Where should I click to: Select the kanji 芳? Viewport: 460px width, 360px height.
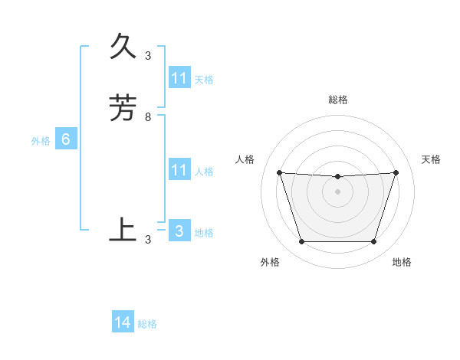coord(123,109)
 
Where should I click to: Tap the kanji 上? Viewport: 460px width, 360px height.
coord(123,229)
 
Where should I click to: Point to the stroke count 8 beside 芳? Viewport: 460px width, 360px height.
coord(148,117)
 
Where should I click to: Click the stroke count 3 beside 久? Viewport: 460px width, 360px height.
coord(148,55)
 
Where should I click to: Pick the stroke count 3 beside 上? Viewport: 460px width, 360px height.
coord(148,239)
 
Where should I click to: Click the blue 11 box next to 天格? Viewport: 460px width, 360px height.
coord(179,78)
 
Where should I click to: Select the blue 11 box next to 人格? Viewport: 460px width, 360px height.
coord(179,170)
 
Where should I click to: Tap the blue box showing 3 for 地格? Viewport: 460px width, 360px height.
coord(179,231)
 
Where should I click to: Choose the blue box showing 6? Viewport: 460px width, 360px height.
coord(66,139)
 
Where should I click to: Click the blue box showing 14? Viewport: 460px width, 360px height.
coord(123,323)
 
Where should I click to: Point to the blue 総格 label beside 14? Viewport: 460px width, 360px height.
coord(147,324)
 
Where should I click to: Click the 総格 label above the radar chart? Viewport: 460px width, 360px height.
coord(338,100)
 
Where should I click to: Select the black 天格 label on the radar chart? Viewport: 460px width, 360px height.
coord(431,159)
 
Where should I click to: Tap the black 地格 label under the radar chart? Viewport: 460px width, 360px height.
coord(402,262)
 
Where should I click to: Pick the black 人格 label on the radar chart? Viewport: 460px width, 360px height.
coord(245,159)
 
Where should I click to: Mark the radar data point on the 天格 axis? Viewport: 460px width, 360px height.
coord(396,173)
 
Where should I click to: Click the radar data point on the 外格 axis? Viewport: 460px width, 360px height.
coord(301,242)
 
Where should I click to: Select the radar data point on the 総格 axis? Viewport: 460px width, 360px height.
coord(337,177)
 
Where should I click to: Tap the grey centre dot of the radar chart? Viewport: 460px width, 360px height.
coord(337,191)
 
